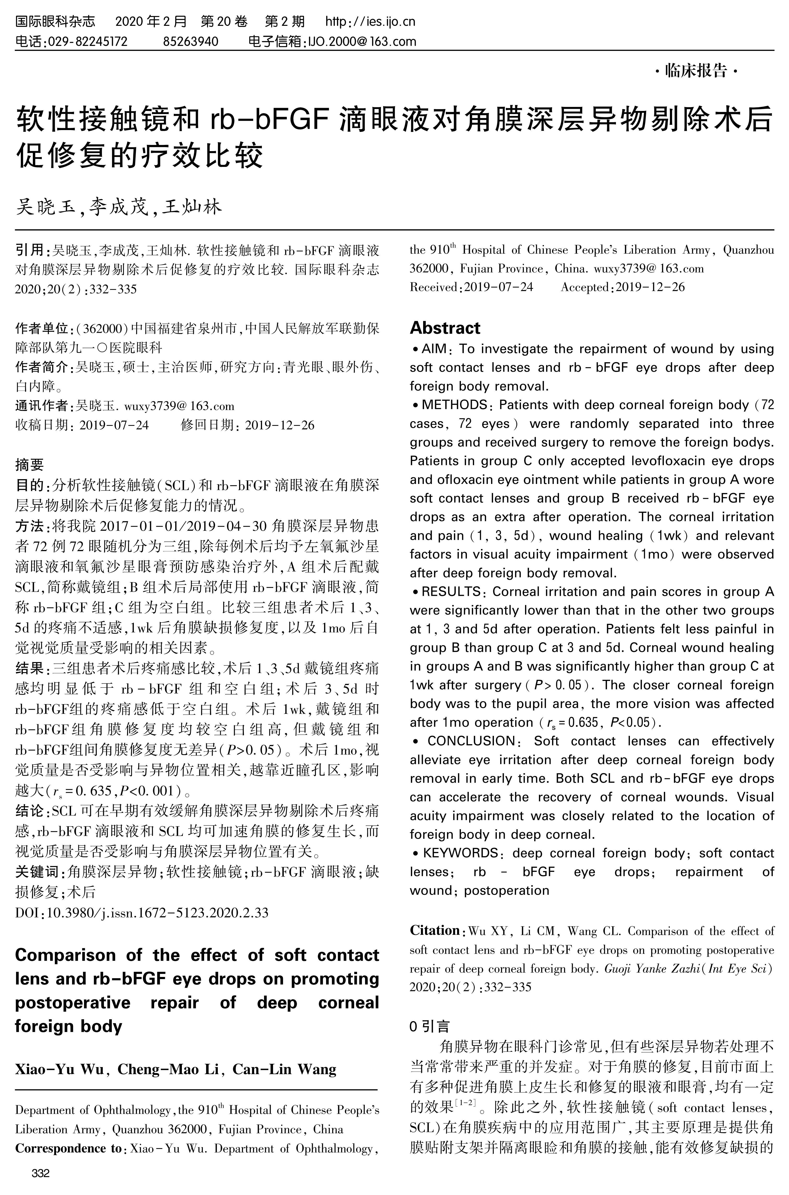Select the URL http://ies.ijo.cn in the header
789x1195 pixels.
[370, 22]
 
